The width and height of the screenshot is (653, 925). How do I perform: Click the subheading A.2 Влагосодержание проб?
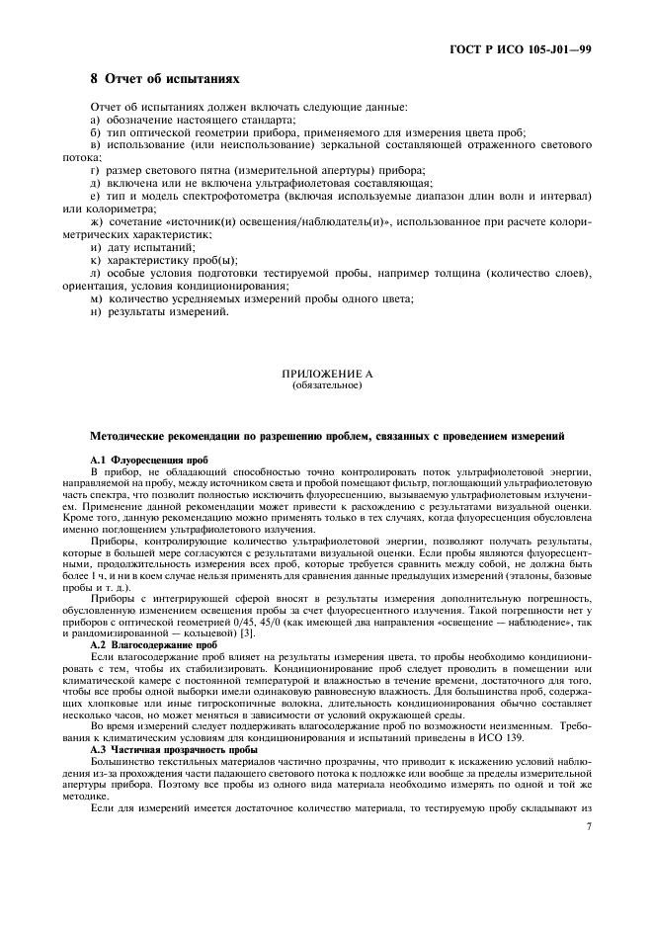pos(139,644)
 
